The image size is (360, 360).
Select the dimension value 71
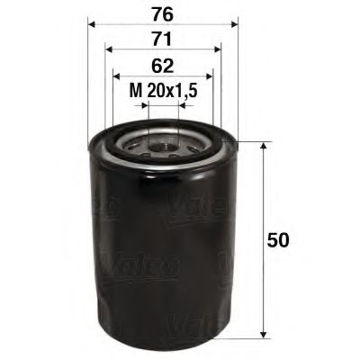[163, 40]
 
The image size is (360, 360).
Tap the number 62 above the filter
[163, 66]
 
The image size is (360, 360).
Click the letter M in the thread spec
[136, 90]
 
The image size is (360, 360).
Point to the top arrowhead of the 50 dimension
[263, 147]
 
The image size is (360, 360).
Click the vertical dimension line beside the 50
[263, 198]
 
